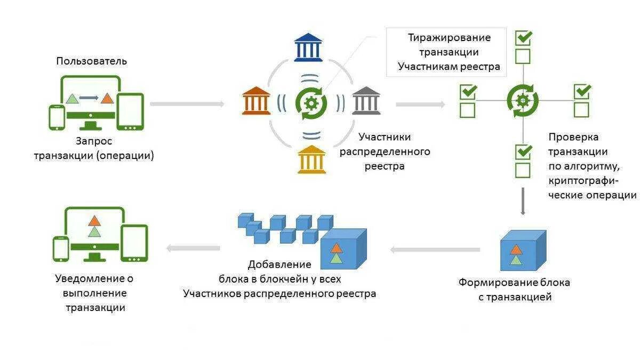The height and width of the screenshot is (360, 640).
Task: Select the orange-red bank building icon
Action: pos(256,100)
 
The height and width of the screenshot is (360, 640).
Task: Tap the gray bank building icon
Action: pos(366,100)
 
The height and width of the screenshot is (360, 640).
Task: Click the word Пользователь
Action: pos(92,61)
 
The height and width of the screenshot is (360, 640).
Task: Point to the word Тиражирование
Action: pos(449,38)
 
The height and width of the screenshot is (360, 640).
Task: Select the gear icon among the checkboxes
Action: pos(522,100)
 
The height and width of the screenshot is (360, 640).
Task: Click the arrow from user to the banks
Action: pos(187,103)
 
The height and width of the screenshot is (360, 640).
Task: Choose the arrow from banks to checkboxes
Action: pos(420,104)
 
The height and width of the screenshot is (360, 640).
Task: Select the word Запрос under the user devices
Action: pos(93,142)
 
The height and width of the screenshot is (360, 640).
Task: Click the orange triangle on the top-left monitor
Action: pos(108,98)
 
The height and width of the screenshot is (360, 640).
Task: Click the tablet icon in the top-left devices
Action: pos(130,111)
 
